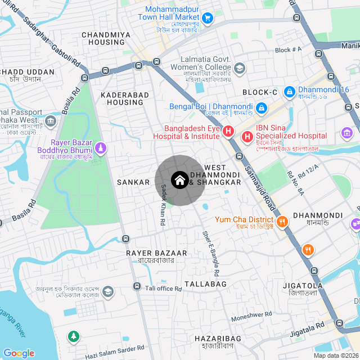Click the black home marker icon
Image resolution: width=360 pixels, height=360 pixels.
pos(179,181)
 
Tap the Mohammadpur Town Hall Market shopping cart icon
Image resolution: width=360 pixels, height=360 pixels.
pos(208,19)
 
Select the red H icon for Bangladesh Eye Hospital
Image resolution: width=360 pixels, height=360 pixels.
pos(228,132)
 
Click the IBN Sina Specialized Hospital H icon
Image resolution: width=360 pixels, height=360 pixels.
pos(247,136)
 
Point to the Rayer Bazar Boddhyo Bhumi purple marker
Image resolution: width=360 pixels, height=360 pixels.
pos(100,148)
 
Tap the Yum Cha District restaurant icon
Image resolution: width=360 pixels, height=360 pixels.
pos(282,221)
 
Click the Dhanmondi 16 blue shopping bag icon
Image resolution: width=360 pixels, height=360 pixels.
pos(289,91)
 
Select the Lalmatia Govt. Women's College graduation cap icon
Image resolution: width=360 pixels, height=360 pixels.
pos(240,69)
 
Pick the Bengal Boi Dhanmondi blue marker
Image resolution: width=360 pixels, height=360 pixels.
pos(261,107)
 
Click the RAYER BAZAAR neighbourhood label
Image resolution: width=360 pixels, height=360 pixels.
pos(150,254)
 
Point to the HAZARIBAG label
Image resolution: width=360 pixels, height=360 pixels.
pos(218,338)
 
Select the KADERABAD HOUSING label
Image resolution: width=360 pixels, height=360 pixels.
pos(122,99)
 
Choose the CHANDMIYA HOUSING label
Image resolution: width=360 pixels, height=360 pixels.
pos(106,38)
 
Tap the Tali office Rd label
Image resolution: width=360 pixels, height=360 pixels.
pos(164,289)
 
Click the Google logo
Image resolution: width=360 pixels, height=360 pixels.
pos(19,353)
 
